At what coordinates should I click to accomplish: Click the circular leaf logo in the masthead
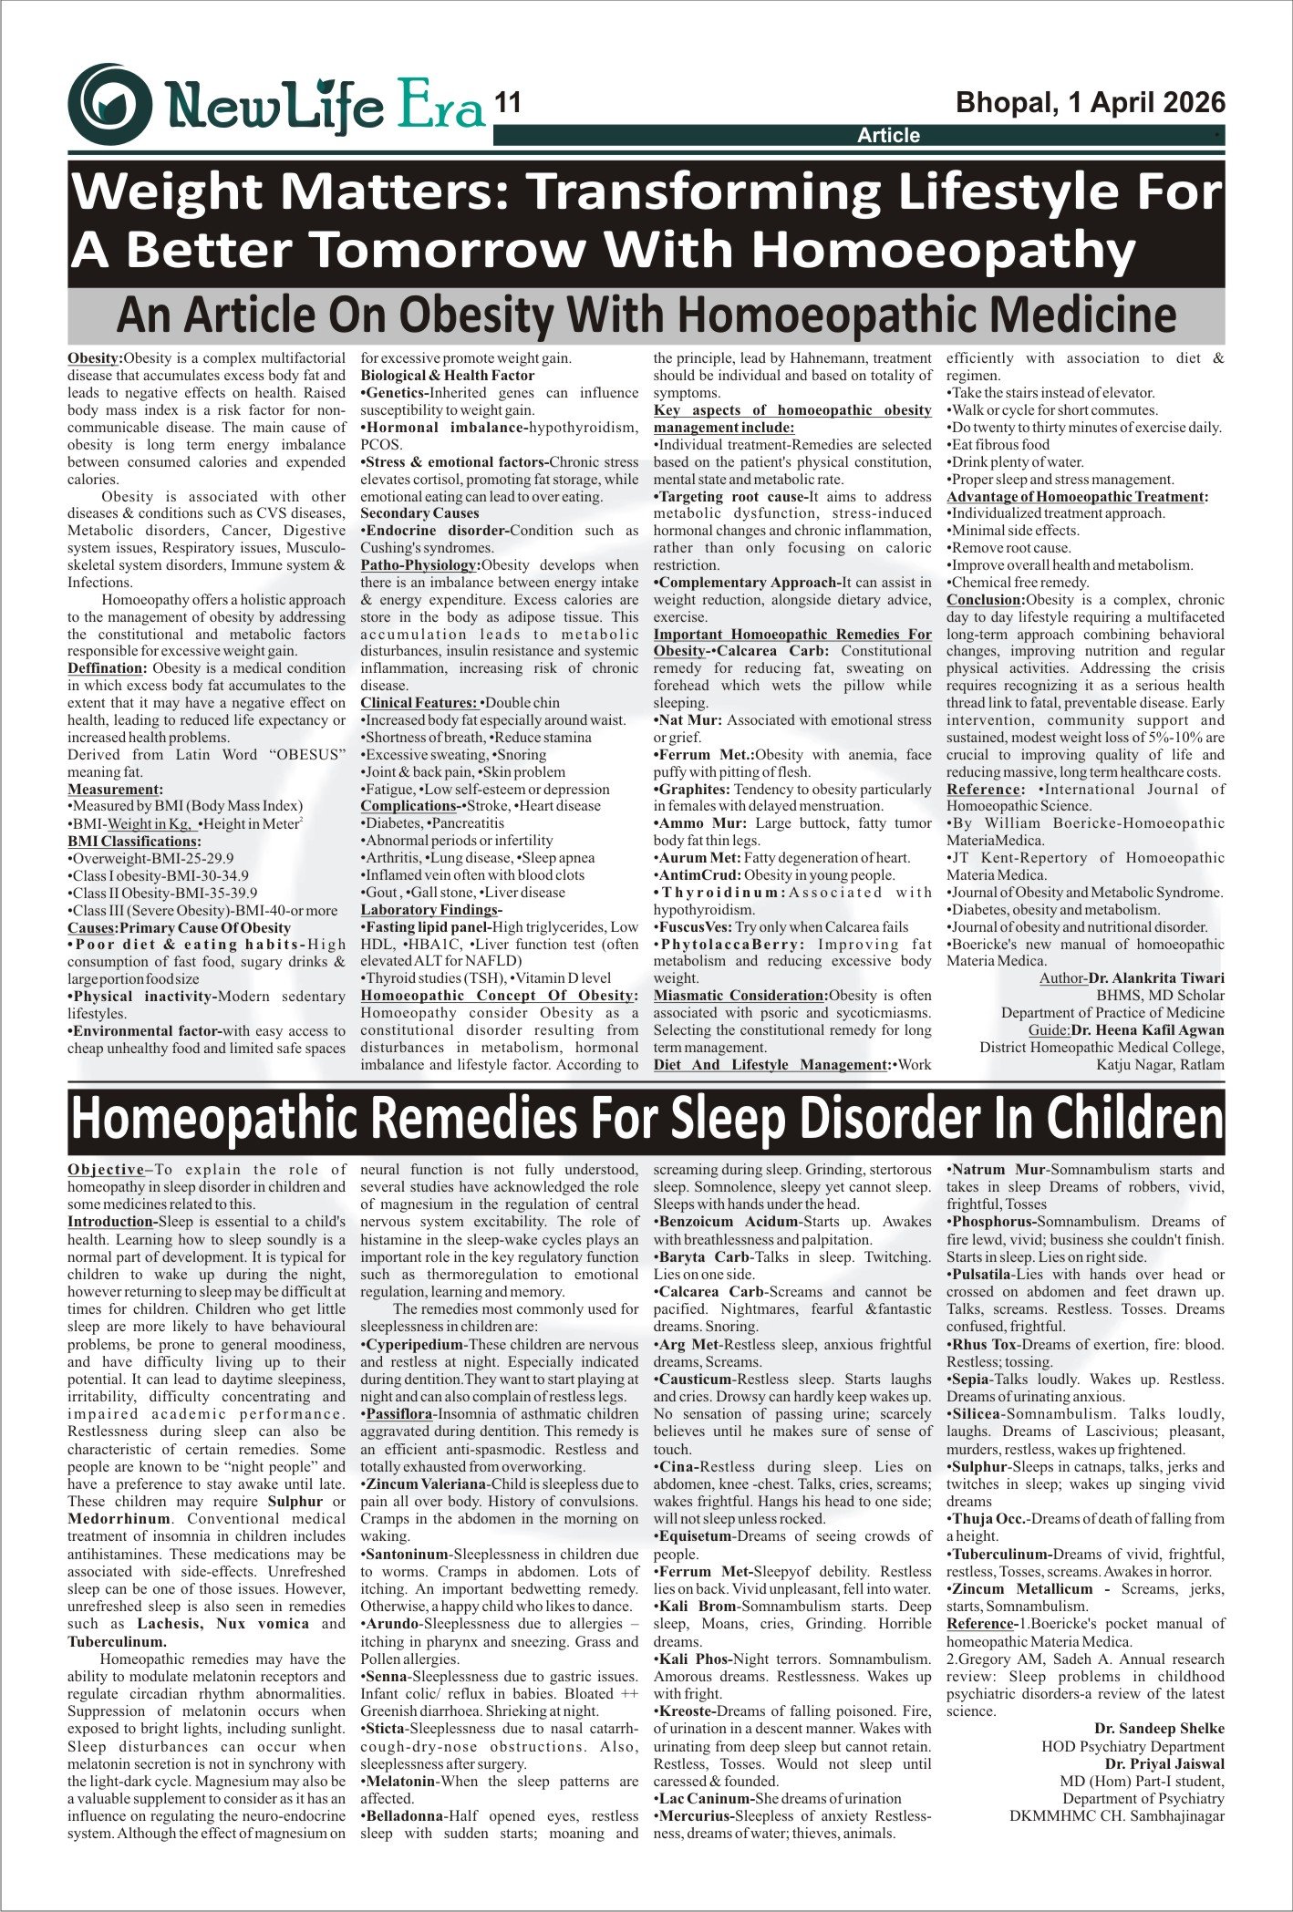click(109, 104)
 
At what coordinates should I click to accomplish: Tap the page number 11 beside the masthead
click(508, 103)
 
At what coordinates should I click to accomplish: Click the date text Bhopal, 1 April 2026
click(1090, 103)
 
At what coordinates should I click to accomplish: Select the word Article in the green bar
click(888, 136)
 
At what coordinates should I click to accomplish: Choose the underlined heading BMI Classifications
click(132, 842)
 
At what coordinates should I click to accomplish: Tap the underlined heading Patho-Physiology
click(419, 565)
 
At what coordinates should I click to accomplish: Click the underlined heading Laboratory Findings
click(430, 910)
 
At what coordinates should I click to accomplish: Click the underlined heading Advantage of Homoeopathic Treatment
click(1076, 497)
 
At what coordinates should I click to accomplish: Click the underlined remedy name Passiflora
click(399, 1414)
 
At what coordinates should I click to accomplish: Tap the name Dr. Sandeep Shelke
click(1159, 1729)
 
